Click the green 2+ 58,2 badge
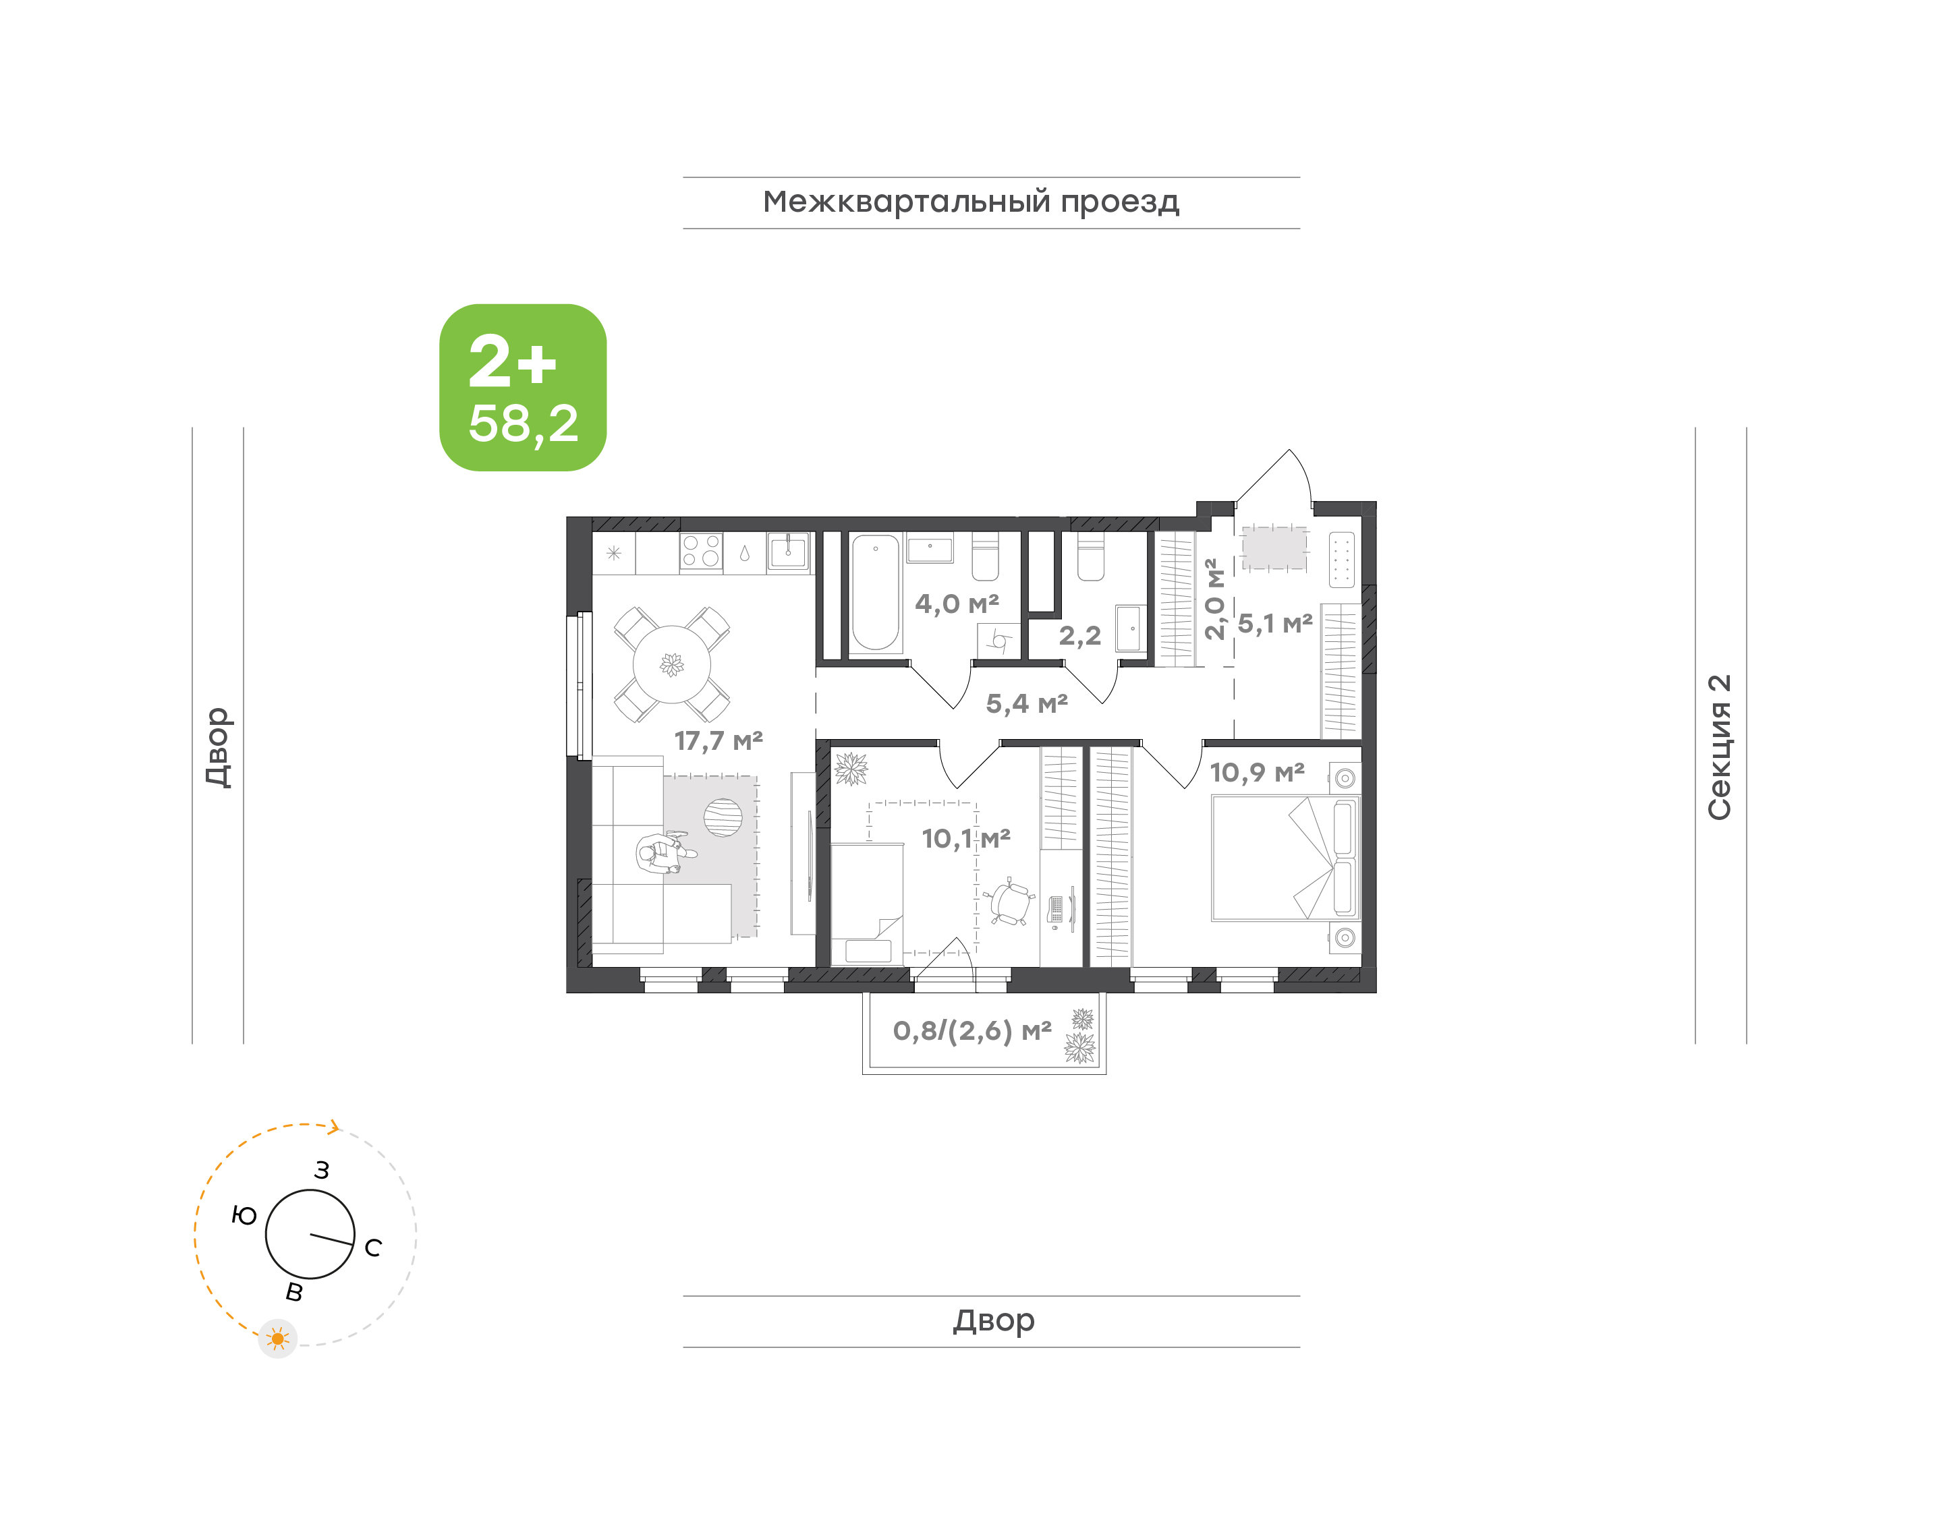[522, 387]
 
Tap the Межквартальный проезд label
[970, 202]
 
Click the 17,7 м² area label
[718, 740]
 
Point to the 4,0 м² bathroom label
[956, 604]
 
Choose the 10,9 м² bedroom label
[1257, 772]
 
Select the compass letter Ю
[244, 1215]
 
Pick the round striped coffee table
[723, 817]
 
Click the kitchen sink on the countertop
[788, 550]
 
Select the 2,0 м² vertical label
[1213, 599]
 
